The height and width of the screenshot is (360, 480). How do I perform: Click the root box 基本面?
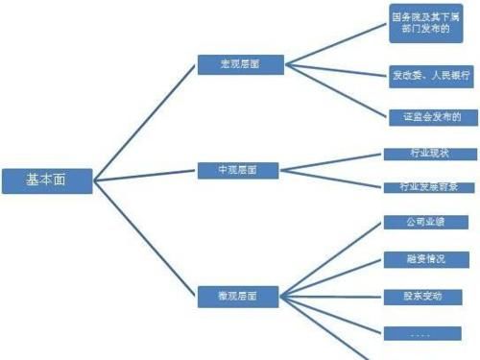tap(47, 180)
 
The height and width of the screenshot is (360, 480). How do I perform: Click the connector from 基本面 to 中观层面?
tap(144, 175)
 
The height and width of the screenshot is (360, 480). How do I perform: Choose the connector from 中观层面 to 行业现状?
tap(331, 162)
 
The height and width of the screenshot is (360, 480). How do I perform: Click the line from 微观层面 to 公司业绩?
tap(331, 257)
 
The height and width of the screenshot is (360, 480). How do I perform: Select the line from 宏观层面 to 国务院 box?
tap(331, 43)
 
